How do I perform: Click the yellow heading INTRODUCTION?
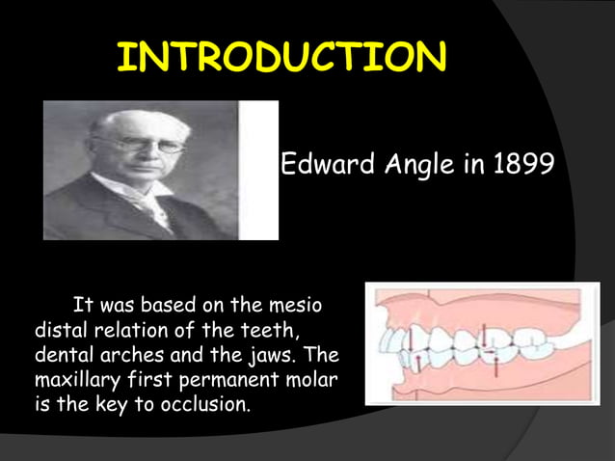[281, 58]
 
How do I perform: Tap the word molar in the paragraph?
[310, 379]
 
